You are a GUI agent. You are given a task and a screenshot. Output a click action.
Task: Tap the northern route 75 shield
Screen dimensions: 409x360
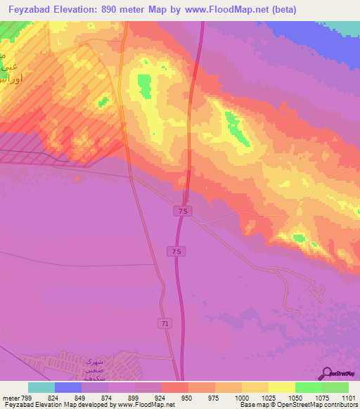pyautogui.click(x=181, y=212)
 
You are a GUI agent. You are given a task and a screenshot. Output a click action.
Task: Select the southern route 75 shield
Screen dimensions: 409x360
pyautogui.click(x=176, y=252)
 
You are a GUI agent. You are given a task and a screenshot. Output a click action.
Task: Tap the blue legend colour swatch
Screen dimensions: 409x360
pyautogui.click(x=68, y=387)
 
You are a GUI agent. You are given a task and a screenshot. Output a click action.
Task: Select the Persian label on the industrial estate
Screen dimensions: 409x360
pyautogui.click(x=93, y=363)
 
